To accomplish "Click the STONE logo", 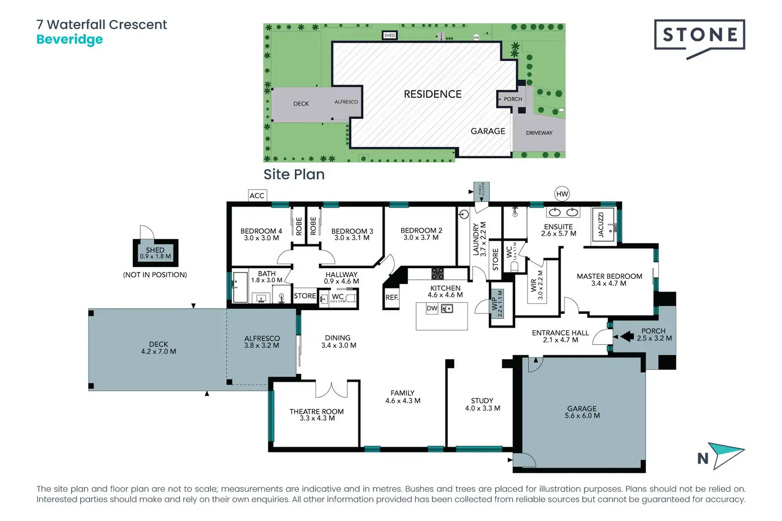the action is pyautogui.click(x=699, y=36).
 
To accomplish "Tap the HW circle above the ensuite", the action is pyautogui.click(x=562, y=194).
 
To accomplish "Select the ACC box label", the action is pyautogui.click(x=257, y=195).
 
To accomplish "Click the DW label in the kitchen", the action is pyautogui.click(x=432, y=309).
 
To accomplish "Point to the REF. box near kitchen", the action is pyautogui.click(x=392, y=297).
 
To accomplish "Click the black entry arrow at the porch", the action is pyautogui.click(x=627, y=336).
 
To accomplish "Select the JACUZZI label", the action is pyautogui.click(x=601, y=225).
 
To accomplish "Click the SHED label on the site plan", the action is pyautogui.click(x=389, y=36).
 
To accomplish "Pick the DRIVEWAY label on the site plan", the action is pyautogui.click(x=539, y=133).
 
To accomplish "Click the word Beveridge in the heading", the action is pyautogui.click(x=70, y=40).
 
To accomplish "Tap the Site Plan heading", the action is pyautogui.click(x=294, y=175).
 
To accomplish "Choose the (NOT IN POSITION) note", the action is pyautogui.click(x=155, y=275).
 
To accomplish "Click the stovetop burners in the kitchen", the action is pyautogui.click(x=437, y=274).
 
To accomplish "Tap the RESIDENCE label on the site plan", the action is pyautogui.click(x=432, y=94).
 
